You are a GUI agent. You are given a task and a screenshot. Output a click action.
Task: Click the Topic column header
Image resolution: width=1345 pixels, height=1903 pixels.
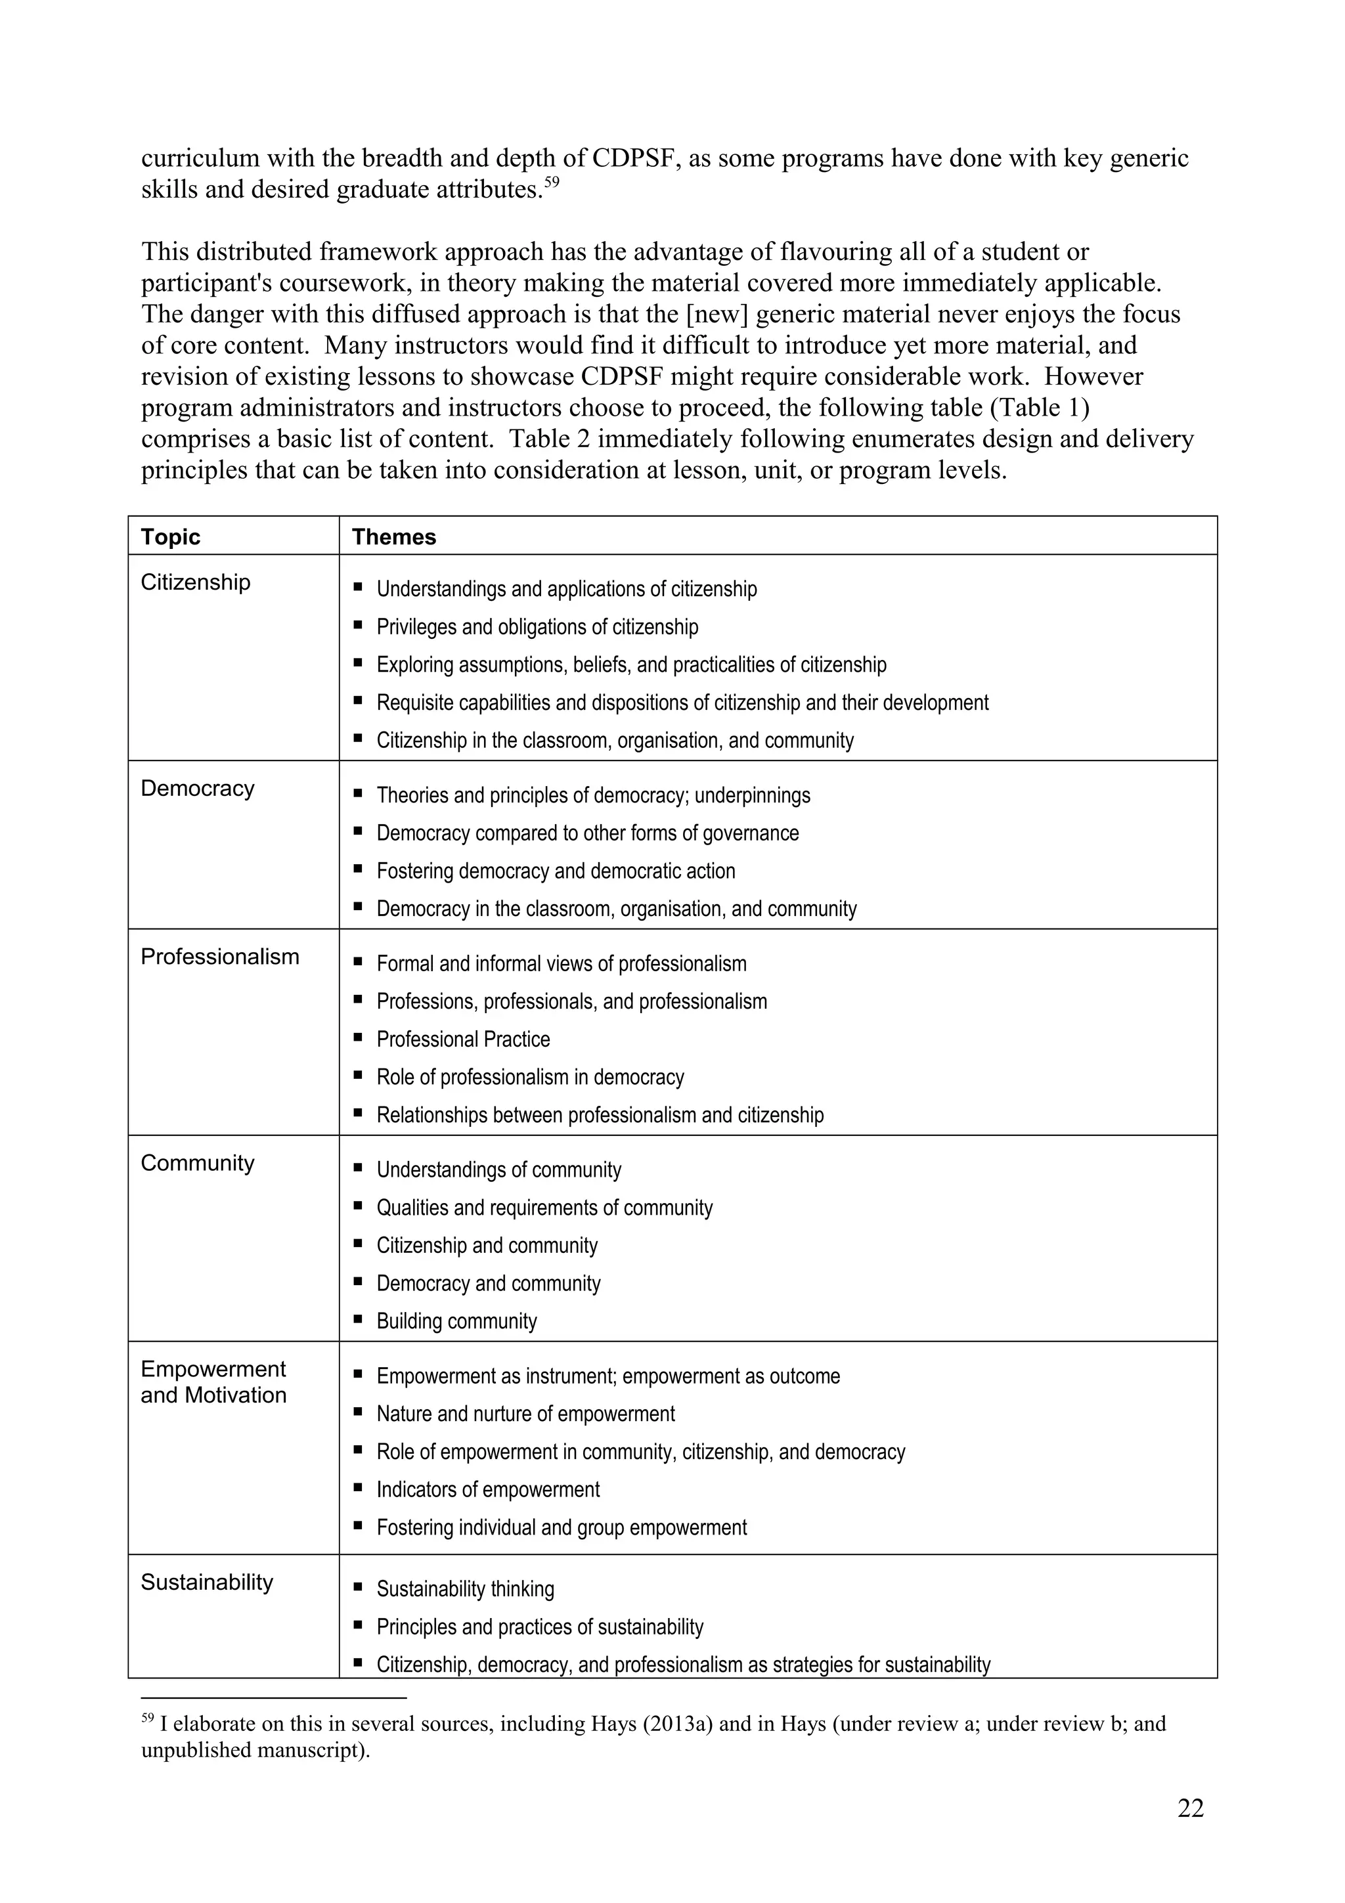[171, 536]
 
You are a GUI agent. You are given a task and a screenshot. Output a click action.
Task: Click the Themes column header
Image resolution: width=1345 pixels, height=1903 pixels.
[393, 536]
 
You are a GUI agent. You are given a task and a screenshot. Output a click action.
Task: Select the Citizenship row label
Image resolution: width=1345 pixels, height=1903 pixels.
[196, 582]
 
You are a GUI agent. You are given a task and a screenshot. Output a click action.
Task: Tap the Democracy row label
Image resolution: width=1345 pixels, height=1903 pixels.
[197, 787]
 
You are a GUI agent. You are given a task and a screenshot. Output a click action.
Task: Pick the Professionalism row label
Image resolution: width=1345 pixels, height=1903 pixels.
[219, 957]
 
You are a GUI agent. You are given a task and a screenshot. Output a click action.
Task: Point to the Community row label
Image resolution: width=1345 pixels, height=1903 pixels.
[197, 1163]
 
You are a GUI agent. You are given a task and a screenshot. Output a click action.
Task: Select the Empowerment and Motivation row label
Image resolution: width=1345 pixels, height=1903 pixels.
[213, 1382]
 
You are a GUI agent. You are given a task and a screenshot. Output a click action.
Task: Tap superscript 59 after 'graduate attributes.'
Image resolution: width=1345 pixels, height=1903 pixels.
[552, 183]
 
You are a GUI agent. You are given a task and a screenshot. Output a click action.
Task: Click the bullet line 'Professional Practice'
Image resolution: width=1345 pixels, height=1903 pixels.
[463, 1039]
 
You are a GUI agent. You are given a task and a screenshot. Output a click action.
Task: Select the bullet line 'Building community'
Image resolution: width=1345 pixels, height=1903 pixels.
[456, 1321]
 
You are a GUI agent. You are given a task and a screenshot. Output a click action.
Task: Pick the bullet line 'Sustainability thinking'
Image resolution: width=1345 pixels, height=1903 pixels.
[465, 1589]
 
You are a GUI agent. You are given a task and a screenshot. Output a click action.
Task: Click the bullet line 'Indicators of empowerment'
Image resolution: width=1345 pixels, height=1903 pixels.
[488, 1489]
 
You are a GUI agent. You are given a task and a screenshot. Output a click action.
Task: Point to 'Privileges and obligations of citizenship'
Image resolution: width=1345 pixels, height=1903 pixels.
[537, 626]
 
